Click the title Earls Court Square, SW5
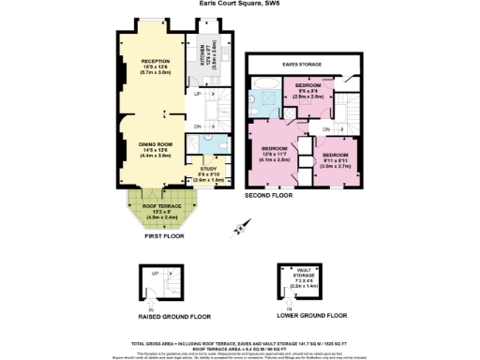click(x=239, y=3)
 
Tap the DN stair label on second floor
click(x=325, y=128)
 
